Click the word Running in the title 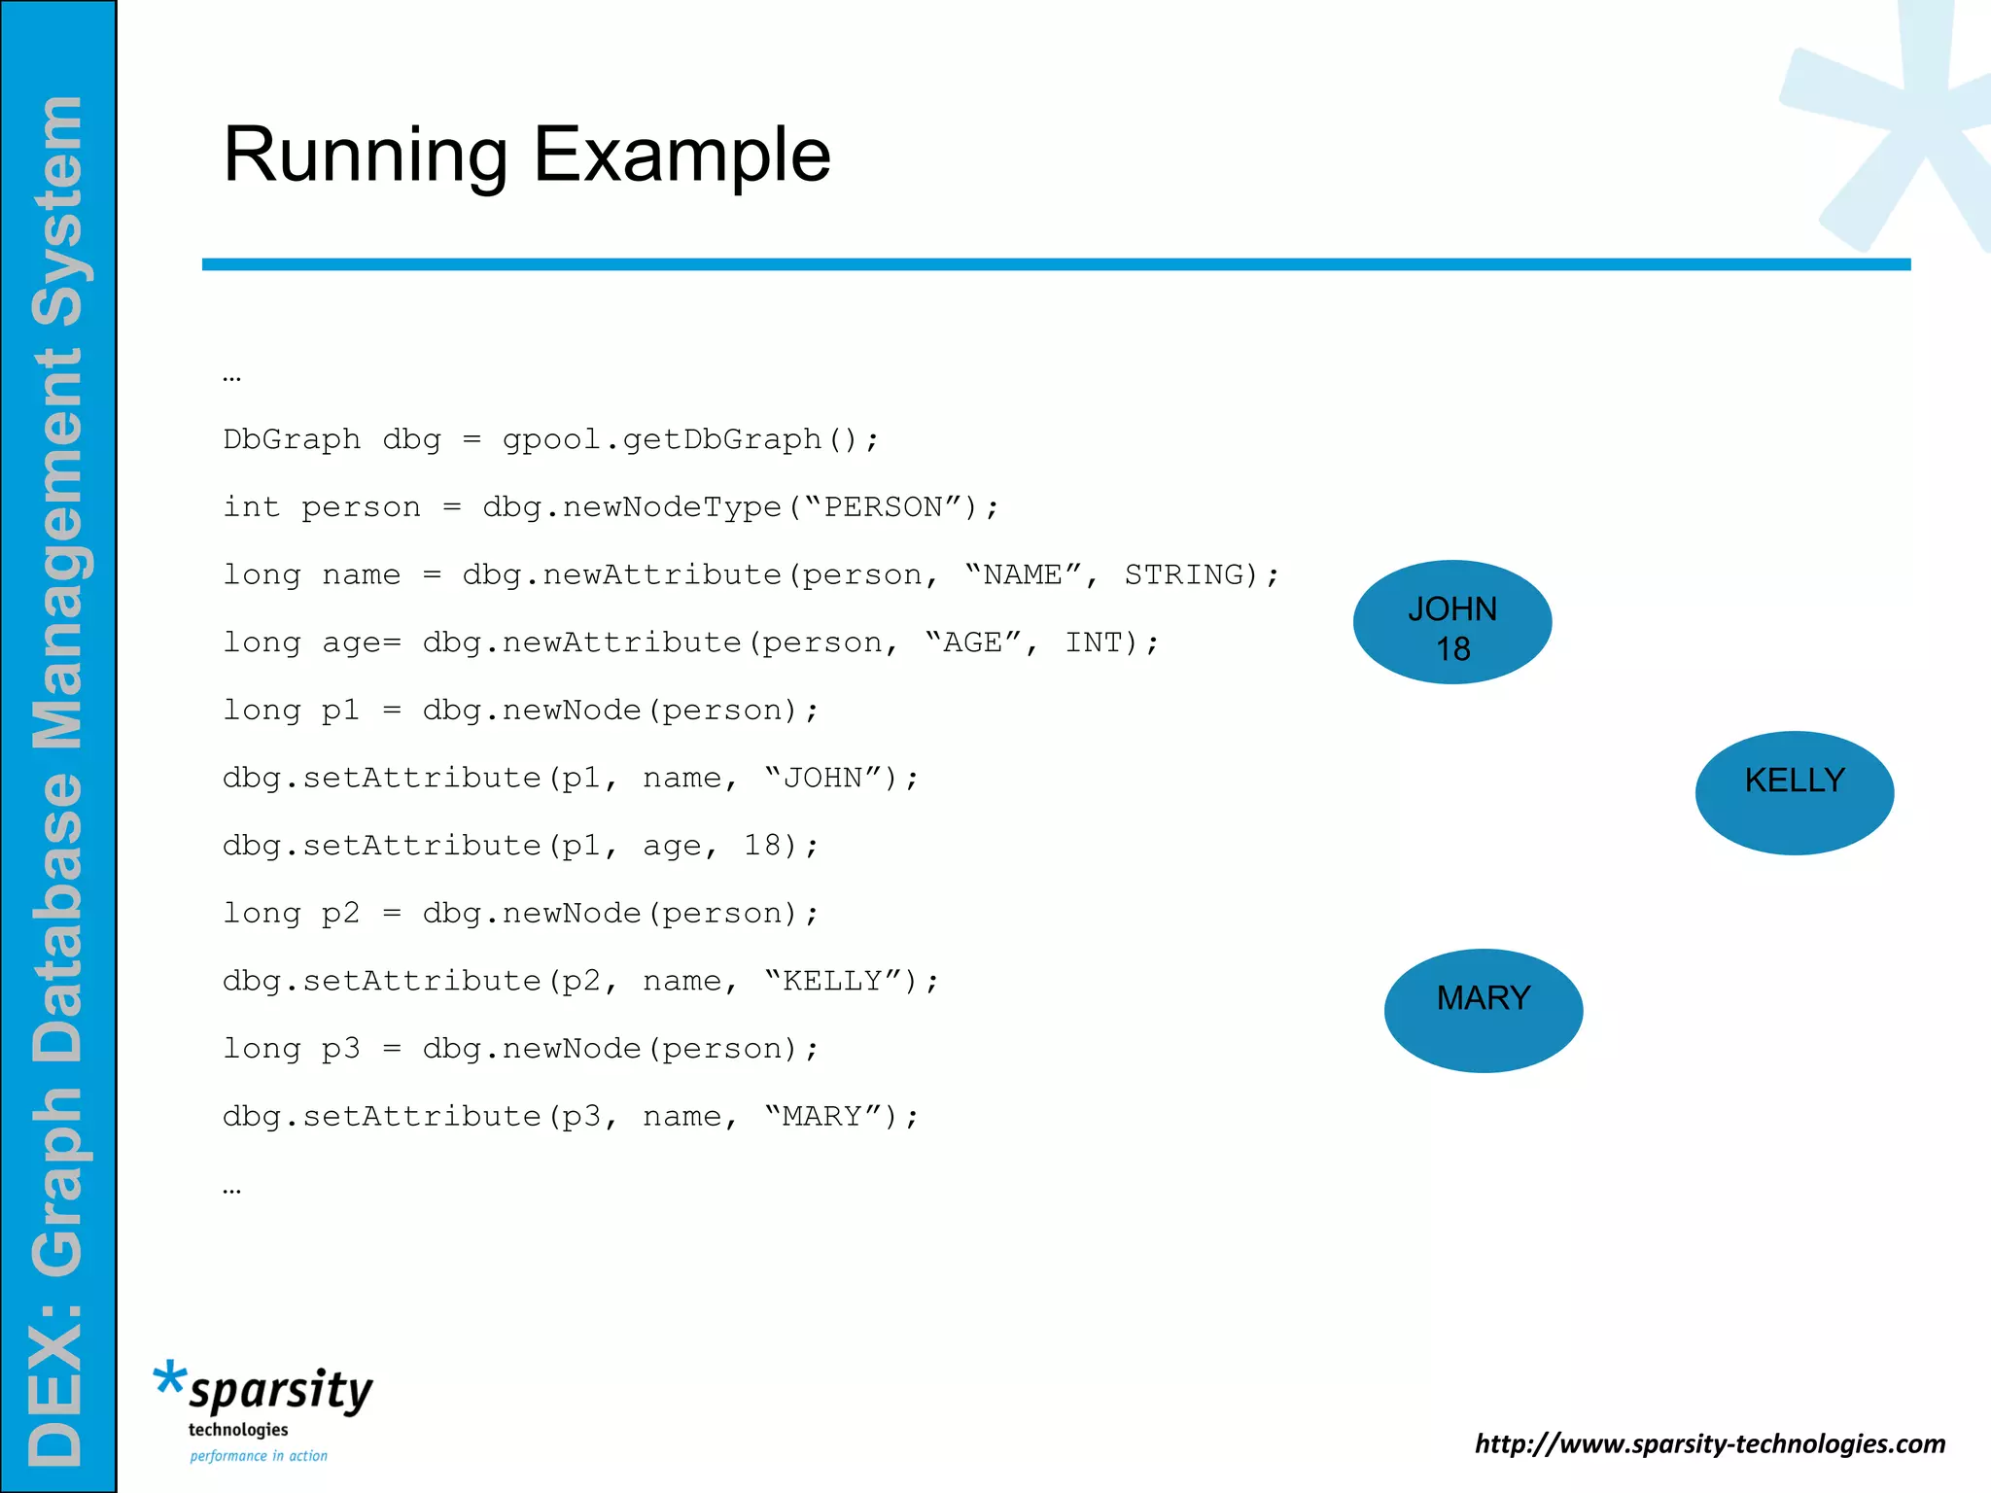366,156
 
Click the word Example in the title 682,156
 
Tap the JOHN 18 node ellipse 1452,622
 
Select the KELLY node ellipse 1795,793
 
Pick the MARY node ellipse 1484,1011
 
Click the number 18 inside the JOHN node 1452,649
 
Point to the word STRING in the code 1184,574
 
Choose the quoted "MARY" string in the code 823,1116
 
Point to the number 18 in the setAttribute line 762,846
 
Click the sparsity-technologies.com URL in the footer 1710,1443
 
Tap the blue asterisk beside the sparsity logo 169,1379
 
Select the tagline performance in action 259,1456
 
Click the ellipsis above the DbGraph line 231,377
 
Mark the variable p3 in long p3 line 340,1049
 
